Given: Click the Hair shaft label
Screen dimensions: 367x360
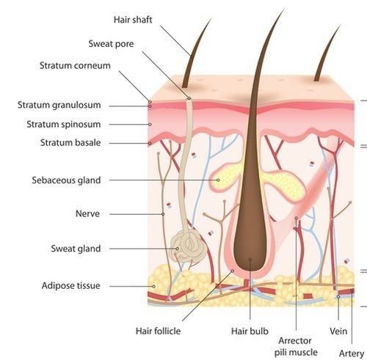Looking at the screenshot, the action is coord(133,20).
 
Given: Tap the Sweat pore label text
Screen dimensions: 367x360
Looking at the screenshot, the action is coord(111,44).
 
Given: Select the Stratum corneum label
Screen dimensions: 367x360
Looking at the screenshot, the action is coord(75,65).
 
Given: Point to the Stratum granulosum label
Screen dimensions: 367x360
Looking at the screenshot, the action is coord(59,105).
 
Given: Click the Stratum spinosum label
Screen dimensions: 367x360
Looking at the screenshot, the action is coord(64,124).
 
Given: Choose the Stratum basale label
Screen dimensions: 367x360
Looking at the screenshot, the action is coord(70,142).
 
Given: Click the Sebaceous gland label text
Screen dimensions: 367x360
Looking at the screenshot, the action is coord(66,180).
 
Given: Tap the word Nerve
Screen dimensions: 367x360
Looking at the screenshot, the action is coord(87,214).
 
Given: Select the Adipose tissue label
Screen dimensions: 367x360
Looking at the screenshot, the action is coord(71,285).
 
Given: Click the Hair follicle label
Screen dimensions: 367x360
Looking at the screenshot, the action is coord(158,331).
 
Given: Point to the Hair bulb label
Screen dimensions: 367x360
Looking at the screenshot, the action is coord(250,331).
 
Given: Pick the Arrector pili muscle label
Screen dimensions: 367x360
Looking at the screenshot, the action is coord(296,347).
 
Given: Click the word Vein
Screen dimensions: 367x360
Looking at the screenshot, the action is coord(338,331).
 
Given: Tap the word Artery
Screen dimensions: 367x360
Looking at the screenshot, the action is coord(352,353).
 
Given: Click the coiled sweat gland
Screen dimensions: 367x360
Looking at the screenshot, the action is coord(188,247).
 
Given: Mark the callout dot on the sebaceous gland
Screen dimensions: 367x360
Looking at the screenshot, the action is coord(218,180).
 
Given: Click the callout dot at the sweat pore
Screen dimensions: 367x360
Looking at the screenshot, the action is coord(189,98).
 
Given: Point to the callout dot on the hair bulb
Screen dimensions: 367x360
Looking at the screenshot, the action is coord(250,260).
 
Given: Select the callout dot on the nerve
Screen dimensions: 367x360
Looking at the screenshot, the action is coord(163,214).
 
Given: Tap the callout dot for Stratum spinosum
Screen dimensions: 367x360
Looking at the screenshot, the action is coord(150,125).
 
